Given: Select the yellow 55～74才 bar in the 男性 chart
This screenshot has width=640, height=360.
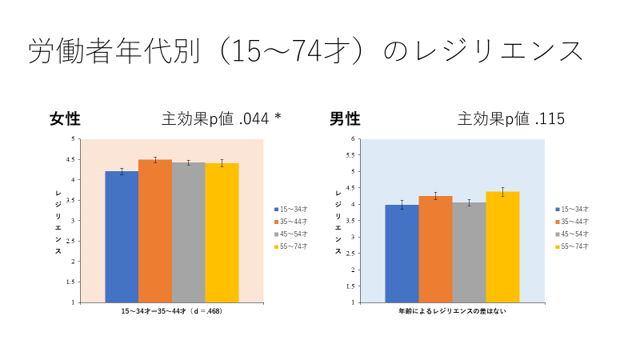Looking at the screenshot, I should click(x=502, y=247).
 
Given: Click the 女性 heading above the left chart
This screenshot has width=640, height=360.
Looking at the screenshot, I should click(x=65, y=119).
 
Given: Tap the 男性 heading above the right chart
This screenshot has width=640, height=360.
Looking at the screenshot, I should click(x=345, y=119).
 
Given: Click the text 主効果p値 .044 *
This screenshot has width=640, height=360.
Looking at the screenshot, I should click(x=222, y=119).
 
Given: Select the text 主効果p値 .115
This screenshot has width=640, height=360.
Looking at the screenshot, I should click(x=511, y=119).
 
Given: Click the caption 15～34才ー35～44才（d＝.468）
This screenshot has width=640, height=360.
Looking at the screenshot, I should click(x=171, y=310).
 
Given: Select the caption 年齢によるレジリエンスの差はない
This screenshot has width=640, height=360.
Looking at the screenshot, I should click(x=452, y=310).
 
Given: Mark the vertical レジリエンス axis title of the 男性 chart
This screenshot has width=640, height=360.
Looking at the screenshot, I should click(x=338, y=222).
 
